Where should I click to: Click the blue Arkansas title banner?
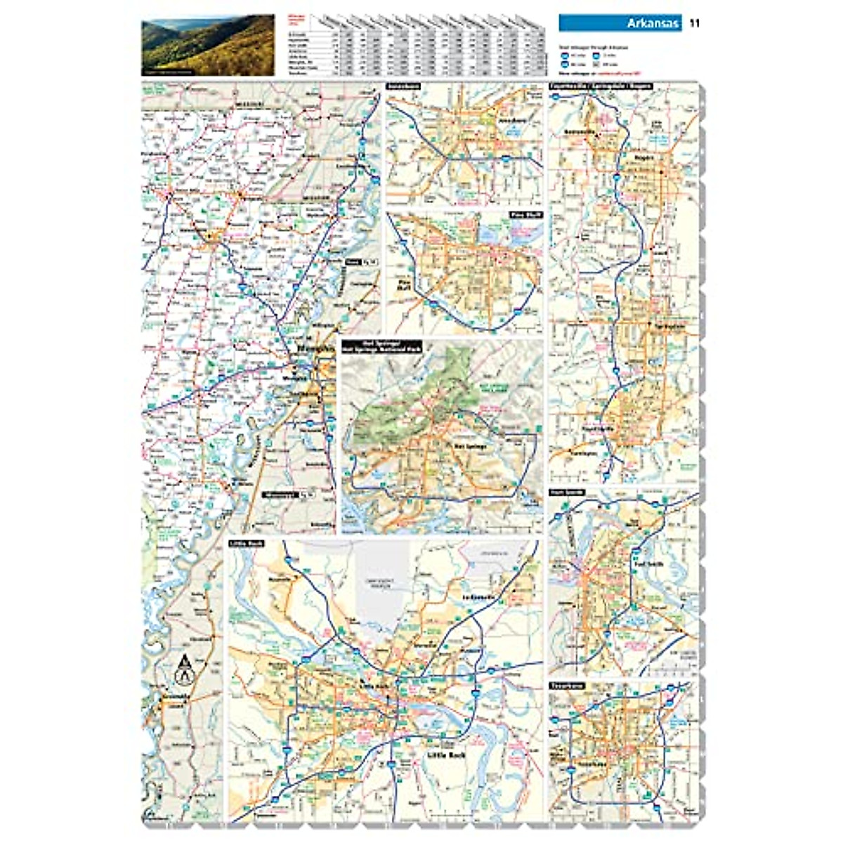point(620,24)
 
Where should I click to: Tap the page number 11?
point(695,24)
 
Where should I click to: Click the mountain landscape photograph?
point(208,44)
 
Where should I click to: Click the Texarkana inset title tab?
point(566,685)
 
